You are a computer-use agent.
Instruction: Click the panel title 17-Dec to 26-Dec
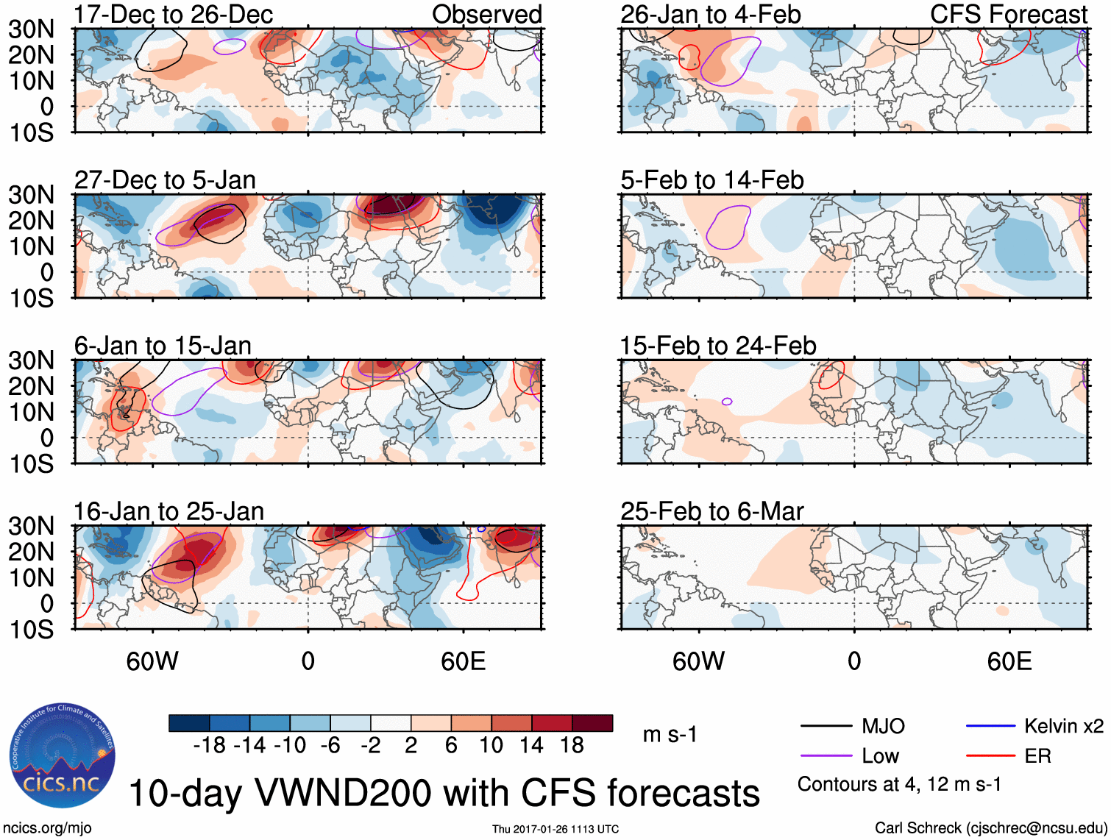(173, 14)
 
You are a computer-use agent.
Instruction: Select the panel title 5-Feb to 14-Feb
(711, 180)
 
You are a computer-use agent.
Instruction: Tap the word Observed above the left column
(486, 14)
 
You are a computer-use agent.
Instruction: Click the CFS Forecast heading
(1008, 14)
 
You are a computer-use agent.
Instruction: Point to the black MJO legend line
(826, 727)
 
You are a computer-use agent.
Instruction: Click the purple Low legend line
(826, 756)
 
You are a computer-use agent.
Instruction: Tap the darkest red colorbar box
(592, 723)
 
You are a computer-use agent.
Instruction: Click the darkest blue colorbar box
(189, 723)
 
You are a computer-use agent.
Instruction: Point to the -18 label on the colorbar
(210, 746)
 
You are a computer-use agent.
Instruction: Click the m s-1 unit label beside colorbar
(670, 735)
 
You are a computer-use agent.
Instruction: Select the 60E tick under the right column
(1009, 661)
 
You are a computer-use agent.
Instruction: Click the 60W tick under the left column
(152, 661)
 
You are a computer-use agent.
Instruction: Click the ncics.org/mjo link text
(47, 827)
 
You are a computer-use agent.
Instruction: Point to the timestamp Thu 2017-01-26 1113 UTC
(555, 829)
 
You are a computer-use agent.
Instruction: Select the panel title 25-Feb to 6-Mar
(711, 511)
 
